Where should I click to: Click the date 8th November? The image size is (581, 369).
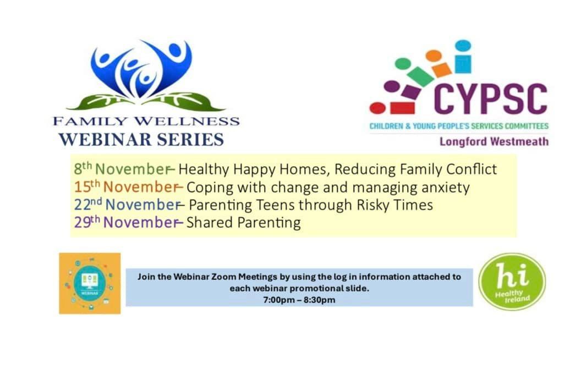[x=122, y=169]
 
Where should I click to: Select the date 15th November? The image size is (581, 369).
[x=126, y=187]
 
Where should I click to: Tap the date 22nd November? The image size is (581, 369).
[x=127, y=205]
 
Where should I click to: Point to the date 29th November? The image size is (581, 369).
[x=126, y=222]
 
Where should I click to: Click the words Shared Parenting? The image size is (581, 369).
[x=243, y=223]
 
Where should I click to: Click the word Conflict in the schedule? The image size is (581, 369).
[x=472, y=169]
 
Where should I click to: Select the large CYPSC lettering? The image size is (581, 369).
[x=491, y=98]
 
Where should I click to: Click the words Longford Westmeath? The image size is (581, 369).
[x=494, y=141]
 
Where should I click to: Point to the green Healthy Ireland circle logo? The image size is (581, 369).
[x=512, y=282]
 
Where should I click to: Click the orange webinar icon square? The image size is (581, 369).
[x=90, y=283]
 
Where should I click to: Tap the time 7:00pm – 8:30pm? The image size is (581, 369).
[x=299, y=300]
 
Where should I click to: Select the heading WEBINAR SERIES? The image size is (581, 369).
[x=141, y=140]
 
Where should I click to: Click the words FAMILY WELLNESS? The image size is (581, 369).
[x=146, y=121]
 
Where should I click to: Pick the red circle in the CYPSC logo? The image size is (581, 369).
[x=377, y=108]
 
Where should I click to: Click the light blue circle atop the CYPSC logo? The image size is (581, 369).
[x=463, y=46]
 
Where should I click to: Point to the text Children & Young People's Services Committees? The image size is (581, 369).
[x=459, y=126]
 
